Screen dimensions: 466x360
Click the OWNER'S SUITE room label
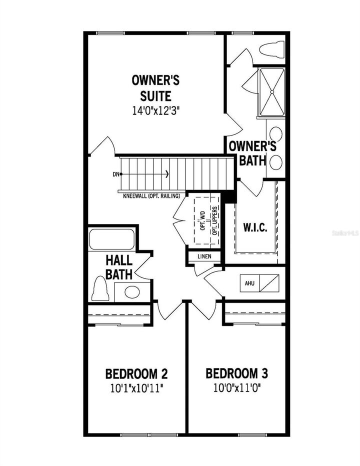point(155,87)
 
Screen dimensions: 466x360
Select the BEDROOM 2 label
point(136,373)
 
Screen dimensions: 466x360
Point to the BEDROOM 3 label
point(237,373)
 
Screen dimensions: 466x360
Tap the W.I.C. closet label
point(255,227)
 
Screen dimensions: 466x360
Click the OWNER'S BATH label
point(252,153)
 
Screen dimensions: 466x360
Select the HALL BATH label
point(119,267)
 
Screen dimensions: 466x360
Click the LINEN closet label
point(204,256)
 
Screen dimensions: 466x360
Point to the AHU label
point(249,283)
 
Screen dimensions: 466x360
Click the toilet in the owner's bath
point(272,49)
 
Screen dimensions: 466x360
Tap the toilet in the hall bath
point(100,290)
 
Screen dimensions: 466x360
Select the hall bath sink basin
point(132,292)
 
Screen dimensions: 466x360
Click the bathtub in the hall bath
point(111,239)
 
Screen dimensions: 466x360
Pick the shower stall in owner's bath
point(271,92)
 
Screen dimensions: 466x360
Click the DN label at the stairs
point(116,174)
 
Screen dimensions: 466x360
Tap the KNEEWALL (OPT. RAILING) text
point(151,195)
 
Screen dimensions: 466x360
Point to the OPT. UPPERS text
point(215,220)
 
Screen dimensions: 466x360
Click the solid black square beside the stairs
point(228,197)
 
